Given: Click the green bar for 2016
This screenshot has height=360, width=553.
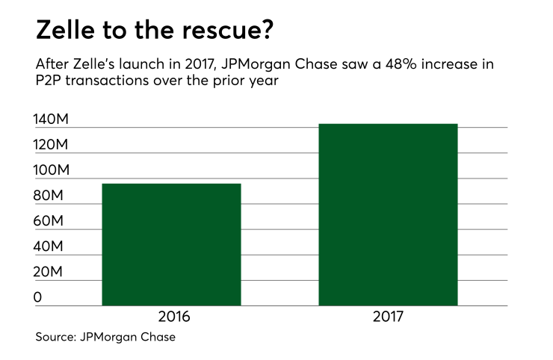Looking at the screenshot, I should coord(171,244).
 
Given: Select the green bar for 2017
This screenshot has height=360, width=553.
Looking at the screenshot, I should coord(388,214).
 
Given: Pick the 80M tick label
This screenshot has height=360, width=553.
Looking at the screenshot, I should coord(49,196).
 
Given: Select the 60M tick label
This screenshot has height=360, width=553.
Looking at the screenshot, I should coord(49,222).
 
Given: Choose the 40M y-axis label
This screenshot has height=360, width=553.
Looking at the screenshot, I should coord(49,247).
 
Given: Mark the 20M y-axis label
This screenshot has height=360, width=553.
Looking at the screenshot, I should coord(49,273).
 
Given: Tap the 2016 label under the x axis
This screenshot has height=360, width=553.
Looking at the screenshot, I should coord(171,317).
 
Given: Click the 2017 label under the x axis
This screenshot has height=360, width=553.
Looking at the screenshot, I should coord(388,317).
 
